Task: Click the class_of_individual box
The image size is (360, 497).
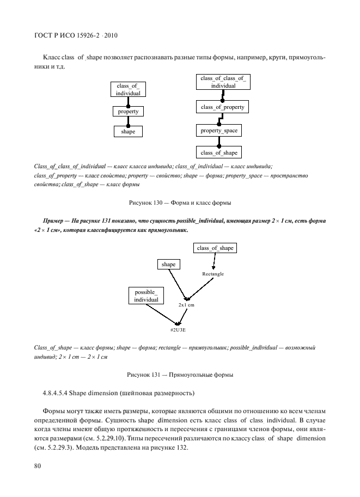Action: (129, 89)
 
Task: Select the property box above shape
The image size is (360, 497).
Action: (129, 112)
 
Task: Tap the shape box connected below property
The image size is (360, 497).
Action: (129, 131)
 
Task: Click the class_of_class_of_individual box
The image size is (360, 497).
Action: (219, 82)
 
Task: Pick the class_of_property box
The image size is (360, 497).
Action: (222, 108)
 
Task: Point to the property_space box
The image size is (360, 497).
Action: (218, 131)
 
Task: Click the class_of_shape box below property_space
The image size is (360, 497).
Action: (218, 152)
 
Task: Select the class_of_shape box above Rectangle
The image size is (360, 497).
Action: (215, 248)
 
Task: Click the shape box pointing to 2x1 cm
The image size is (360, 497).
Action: (169, 264)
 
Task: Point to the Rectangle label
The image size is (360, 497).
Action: (213, 274)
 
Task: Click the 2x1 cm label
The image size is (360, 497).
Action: (186, 305)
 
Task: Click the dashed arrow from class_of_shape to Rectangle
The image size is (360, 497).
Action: (214, 261)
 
